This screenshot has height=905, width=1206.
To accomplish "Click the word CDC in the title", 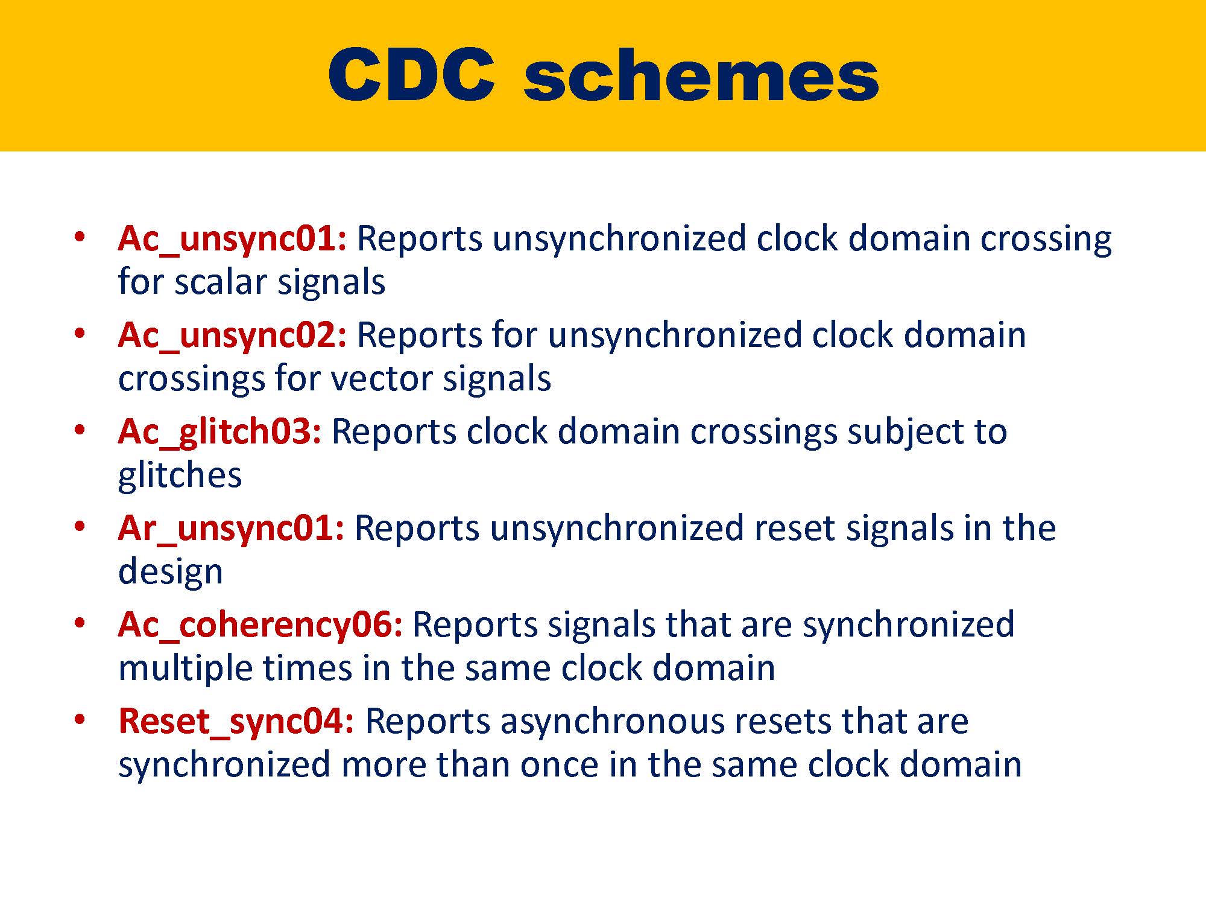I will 411,75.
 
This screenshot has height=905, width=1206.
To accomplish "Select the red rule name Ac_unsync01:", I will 232,238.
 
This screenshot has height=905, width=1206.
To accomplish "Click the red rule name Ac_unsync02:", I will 232,335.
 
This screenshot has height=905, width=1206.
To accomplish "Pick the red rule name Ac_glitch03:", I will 219,431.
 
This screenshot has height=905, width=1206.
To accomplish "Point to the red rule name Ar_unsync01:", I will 231,528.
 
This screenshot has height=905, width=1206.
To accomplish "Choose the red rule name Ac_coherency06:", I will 260,624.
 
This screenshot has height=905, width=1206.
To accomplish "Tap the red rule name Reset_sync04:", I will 236,721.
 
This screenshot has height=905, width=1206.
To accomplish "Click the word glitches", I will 180,475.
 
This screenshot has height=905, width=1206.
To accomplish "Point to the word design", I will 170,571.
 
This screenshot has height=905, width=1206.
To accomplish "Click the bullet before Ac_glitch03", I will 79,430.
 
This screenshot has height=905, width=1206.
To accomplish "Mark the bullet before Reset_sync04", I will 79,720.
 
